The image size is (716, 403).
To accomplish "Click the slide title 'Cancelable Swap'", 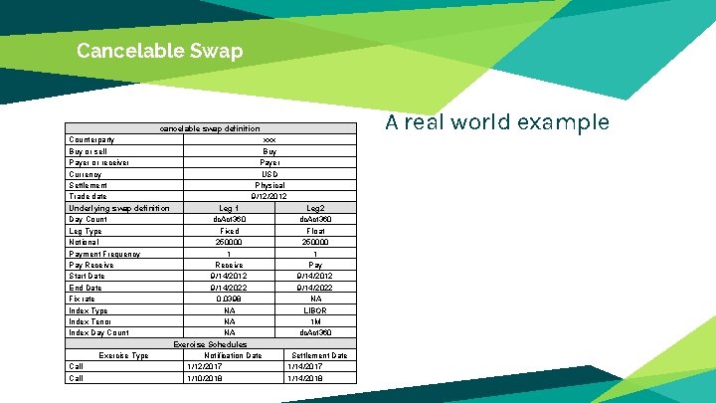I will (x=159, y=51).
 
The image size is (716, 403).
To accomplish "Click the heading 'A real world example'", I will (x=496, y=122).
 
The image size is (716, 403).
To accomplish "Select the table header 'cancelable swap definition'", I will (x=210, y=128).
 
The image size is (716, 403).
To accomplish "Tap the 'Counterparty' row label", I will (x=91, y=140).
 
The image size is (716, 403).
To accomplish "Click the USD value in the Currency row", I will (x=269, y=174).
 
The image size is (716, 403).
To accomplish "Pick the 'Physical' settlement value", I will (x=269, y=185).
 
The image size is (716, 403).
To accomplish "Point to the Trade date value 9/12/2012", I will (x=269, y=197).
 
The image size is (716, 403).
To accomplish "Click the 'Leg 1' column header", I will (x=230, y=208).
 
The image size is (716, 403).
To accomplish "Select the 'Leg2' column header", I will (x=315, y=208).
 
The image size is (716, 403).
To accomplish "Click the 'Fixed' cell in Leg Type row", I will (x=230, y=231).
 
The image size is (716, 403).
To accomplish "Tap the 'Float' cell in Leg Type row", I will (x=315, y=231).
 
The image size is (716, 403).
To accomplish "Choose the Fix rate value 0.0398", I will (x=230, y=299).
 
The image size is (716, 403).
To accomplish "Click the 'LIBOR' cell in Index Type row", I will (x=315, y=310).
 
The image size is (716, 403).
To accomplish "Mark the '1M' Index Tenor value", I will (x=315, y=321).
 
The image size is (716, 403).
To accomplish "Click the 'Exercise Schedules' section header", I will (x=210, y=344).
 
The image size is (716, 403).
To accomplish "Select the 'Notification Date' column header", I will (x=232, y=355).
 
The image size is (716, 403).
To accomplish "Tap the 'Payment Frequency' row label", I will (x=104, y=254).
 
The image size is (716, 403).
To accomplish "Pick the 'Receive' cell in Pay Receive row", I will (x=230, y=265).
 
